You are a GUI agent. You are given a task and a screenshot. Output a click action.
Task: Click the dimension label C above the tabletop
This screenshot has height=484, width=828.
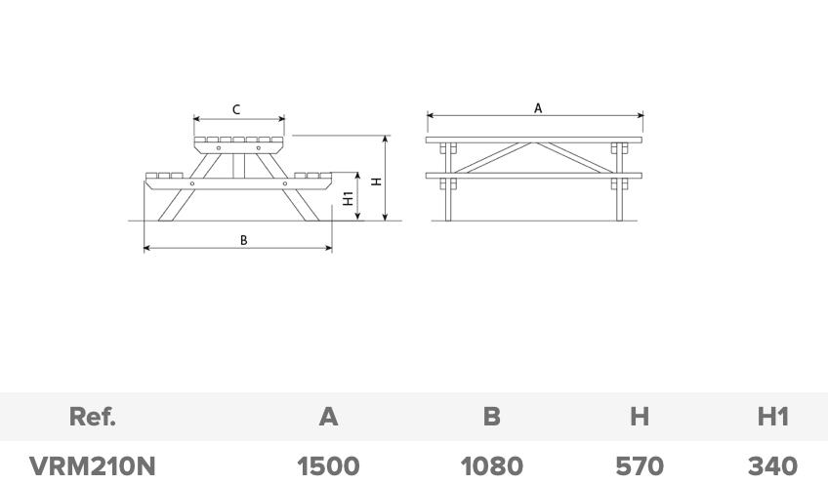point(236,110)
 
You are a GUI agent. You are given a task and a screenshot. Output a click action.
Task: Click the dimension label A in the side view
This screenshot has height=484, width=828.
point(538,108)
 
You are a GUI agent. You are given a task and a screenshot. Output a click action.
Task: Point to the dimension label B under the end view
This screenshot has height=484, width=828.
point(244,240)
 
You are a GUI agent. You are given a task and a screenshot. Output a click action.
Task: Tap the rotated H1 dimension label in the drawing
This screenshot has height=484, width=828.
point(349,198)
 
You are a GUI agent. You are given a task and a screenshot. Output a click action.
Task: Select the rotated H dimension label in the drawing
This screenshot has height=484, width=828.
point(376,181)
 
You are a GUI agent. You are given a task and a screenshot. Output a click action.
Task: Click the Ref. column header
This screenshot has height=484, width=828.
point(93,417)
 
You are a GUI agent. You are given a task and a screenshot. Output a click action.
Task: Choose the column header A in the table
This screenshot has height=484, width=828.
point(328,417)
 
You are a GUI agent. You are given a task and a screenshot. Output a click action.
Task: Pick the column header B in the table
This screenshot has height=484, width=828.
point(491,417)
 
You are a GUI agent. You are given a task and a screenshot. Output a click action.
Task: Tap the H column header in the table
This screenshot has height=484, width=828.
point(639,417)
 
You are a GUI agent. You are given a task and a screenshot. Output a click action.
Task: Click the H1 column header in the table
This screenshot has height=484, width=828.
point(772,417)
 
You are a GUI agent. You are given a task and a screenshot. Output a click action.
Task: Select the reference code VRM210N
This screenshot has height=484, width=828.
point(93,466)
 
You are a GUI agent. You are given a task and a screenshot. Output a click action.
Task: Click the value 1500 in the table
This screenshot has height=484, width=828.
point(328,466)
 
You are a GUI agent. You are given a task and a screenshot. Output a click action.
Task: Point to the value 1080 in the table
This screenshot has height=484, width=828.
point(491,466)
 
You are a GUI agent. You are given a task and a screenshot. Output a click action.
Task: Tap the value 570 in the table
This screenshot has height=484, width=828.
point(640,466)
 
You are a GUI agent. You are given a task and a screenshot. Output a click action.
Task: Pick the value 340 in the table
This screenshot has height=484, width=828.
point(772,466)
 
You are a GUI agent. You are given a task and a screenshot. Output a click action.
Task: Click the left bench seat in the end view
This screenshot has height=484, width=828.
point(164,177)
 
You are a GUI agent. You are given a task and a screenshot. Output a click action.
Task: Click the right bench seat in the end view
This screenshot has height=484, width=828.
point(312,177)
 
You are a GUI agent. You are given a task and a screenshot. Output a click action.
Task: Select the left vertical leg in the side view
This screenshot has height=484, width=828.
point(448,195)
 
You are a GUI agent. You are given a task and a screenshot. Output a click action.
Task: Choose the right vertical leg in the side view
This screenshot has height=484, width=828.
point(619,195)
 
